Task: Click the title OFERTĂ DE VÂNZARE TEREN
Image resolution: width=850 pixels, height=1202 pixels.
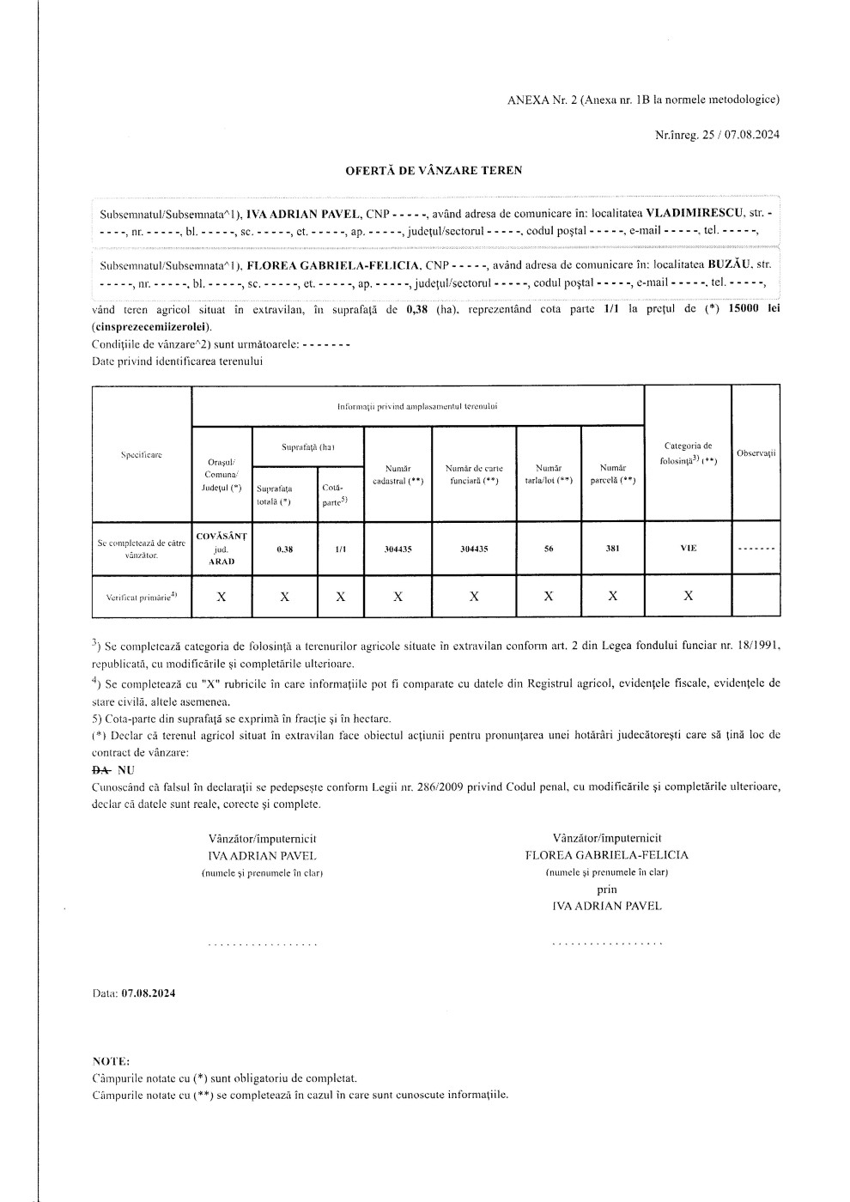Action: (x=433, y=170)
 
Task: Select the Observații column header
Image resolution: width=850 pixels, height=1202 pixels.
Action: (x=756, y=452)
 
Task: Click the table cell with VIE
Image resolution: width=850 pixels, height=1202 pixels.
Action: (x=688, y=549)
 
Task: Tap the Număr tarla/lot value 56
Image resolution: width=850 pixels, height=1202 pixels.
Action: (x=548, y=549)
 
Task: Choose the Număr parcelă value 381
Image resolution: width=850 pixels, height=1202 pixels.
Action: (x=612, y=549)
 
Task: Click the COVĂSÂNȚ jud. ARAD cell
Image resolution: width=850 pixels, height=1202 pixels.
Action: (x=222, y=549)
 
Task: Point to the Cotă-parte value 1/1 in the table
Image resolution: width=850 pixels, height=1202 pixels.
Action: (x=340, y=549)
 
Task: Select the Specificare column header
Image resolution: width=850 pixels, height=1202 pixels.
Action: (x=142, y=454)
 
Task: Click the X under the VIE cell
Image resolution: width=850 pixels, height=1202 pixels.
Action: (x=688, y=596)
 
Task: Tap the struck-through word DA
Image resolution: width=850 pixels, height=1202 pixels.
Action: (x=100, y=770)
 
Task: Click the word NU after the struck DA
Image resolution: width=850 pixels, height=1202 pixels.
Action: (x=125, y=770)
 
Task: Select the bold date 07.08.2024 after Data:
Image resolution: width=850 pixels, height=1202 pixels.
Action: (x=149, y=993)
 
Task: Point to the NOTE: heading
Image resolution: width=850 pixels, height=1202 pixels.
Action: (x=111, y=1061)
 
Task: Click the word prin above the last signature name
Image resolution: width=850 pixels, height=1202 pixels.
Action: (x=607, y=889)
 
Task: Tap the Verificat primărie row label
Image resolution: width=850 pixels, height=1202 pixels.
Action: (x=142, y=596)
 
